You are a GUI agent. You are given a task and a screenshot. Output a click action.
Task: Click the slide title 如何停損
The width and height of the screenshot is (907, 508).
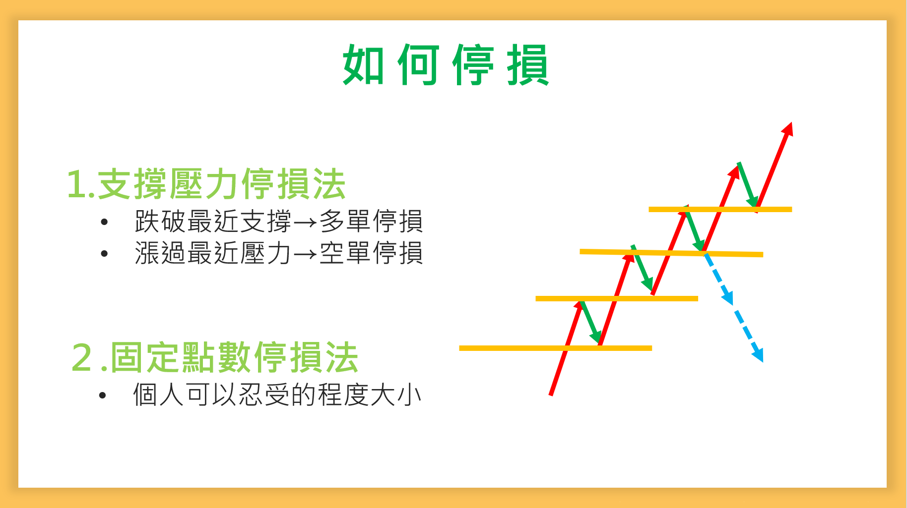click(446, 64)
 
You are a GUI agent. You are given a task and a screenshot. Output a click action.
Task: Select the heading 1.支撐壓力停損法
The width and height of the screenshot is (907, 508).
click(206, 184)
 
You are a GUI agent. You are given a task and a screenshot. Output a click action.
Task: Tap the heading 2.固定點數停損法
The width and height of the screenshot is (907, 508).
click(215, 357)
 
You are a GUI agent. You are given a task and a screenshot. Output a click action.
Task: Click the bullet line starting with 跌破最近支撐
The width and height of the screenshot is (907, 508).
click(279, 221)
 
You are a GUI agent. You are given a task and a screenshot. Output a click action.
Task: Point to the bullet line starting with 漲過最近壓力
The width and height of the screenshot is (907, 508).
click(279, 253)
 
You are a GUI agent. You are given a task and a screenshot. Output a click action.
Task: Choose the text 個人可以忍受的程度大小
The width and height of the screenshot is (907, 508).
click(277, 395)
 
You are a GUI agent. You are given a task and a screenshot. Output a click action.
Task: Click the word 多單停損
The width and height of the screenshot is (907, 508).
click(372, 221)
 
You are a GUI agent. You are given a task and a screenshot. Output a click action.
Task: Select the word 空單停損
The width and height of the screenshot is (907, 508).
click(372, 253)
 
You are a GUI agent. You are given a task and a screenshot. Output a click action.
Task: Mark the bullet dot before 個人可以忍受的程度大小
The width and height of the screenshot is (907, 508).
click(103, 395)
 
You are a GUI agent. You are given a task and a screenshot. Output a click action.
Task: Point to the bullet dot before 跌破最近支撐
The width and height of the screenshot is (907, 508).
click(104, 222)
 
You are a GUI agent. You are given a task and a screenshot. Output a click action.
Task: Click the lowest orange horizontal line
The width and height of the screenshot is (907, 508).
click(556, 348)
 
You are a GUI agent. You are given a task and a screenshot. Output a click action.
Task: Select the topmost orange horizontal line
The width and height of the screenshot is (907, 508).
click(720, 209)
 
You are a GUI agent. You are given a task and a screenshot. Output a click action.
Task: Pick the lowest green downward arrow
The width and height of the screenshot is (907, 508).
click(590, 322)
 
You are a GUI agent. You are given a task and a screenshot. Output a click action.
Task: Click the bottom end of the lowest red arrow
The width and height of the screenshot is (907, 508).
click(551, 395)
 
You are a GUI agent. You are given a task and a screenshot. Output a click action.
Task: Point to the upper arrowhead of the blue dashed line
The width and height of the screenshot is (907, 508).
click(727, 298)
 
